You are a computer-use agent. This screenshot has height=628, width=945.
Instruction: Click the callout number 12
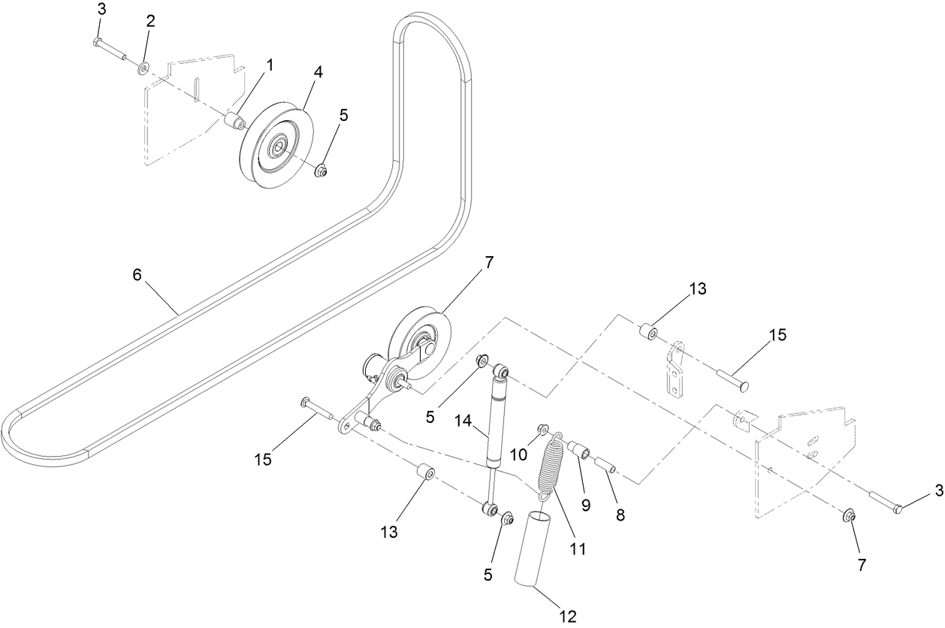coord(568,617)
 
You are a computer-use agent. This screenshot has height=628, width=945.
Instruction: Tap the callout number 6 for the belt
coord(137,275)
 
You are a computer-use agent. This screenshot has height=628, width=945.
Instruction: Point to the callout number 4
coord(319,72)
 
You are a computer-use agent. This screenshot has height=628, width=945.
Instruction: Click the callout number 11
coord(578,549)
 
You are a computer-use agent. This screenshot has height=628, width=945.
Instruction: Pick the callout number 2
coord(150,21)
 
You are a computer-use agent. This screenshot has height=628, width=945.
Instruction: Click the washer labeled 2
coord(143,69)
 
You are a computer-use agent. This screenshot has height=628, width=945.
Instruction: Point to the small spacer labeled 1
coord(236,121)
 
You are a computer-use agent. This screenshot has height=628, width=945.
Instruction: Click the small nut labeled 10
coord(541,430)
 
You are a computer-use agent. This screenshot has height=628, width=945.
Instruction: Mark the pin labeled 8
coord(606,463)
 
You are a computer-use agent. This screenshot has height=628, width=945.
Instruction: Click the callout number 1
coord(269,65)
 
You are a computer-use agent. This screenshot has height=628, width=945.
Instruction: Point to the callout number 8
coord(620,515)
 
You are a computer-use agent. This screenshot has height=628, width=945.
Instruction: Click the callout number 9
coord(586,505)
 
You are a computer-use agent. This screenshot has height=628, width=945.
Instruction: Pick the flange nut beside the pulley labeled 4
coord(320,171)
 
